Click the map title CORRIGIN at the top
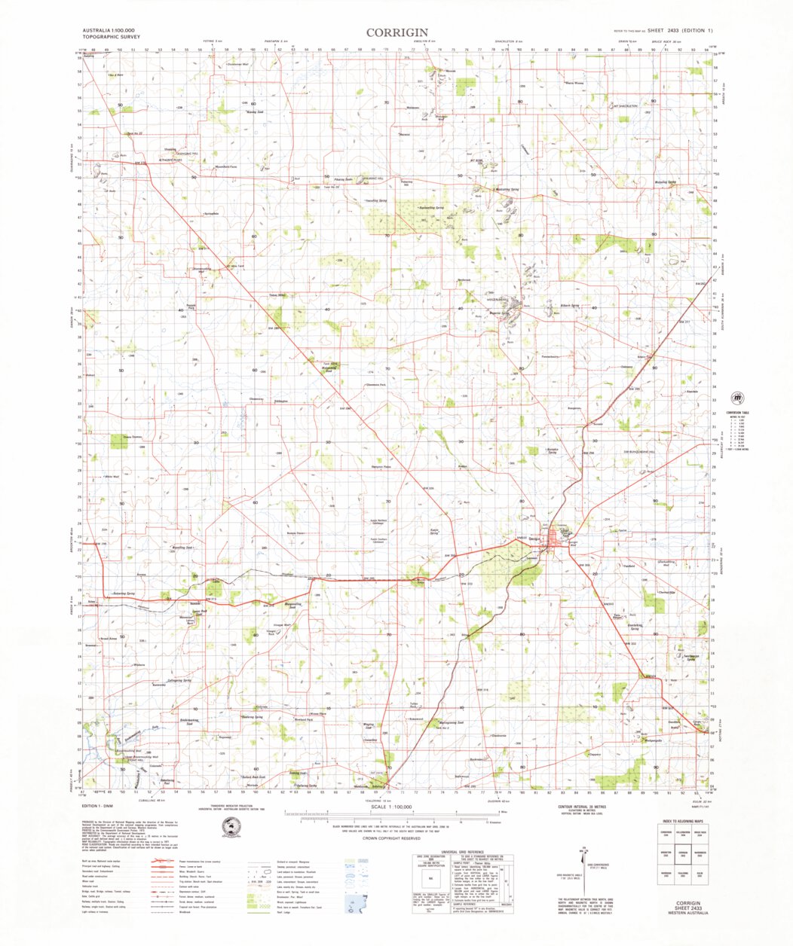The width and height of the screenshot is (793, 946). (x=397, y=32)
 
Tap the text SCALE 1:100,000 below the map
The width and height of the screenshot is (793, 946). (x=388, y=807)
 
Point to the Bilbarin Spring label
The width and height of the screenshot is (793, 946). (x=569, y=305)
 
